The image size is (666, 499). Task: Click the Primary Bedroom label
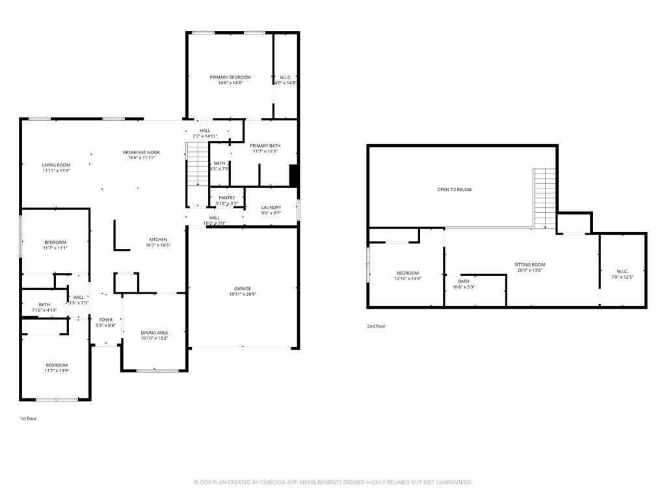pos(230,77)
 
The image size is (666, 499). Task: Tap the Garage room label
pos(243,288)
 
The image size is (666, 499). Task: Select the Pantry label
pos(226,198)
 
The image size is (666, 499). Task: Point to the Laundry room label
pos(271,207)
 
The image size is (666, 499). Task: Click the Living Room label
pos(56,165)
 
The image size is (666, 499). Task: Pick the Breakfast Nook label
pos(141,152)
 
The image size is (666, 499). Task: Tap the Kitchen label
pos(158,239)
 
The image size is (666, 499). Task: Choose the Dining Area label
pos(154,333)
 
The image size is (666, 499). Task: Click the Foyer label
pos(105,320)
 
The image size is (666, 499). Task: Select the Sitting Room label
pos(529,264)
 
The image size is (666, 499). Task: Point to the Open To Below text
pos(455,190)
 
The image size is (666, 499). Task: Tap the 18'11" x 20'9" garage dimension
pos(243,294)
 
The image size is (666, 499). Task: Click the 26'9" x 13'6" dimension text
pos(529,270)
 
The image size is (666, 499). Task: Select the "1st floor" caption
pos(28,418)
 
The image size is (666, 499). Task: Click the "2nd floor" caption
pos(376,326)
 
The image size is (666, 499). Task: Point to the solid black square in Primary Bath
pos(293,176)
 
